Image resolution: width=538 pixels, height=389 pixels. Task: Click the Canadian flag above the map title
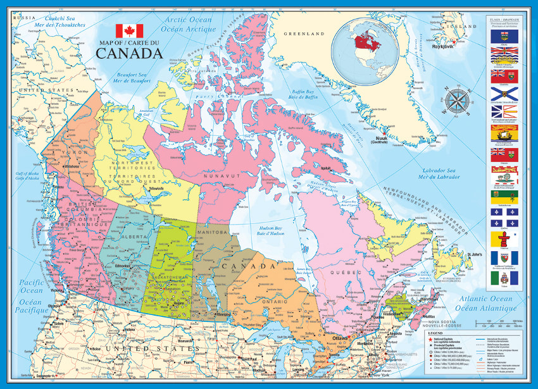[x=129, y=31]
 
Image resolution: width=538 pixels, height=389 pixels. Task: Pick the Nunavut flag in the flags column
[x=504, y=239]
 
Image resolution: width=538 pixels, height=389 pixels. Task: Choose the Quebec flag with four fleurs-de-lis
[x=504, y=219]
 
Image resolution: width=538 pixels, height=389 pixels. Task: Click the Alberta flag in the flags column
[x=504, y=36]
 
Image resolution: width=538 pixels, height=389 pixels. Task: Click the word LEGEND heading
[x=435, y=332]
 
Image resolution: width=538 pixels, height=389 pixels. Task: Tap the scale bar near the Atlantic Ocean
[x=501, y=324]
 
